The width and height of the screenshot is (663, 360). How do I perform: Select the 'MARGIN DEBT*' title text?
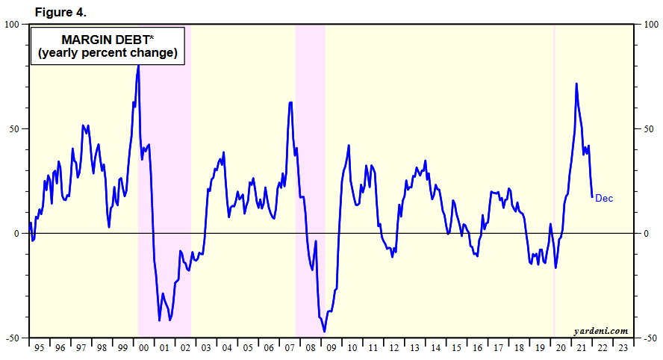[x=107, y=40]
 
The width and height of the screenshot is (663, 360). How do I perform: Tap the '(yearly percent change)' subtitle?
[x=107, y=53]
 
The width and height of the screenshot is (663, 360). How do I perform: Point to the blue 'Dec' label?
[x=604, y=198]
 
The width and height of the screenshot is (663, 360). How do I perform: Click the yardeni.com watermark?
[x=600, y=330]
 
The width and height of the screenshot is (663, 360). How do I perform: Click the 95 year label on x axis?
[x=39, y=347]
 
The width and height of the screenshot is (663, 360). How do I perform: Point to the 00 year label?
[x=144, y=347]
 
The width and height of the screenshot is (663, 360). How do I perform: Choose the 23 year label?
[x=623, y=347]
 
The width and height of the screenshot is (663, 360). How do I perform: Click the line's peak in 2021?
[x=576, y=84]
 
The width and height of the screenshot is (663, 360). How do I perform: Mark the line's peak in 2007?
[x=290, y=102]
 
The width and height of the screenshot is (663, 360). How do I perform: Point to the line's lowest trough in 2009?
[x=324, y=331]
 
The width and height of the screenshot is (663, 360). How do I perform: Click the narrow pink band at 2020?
[x=553, y=179]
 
